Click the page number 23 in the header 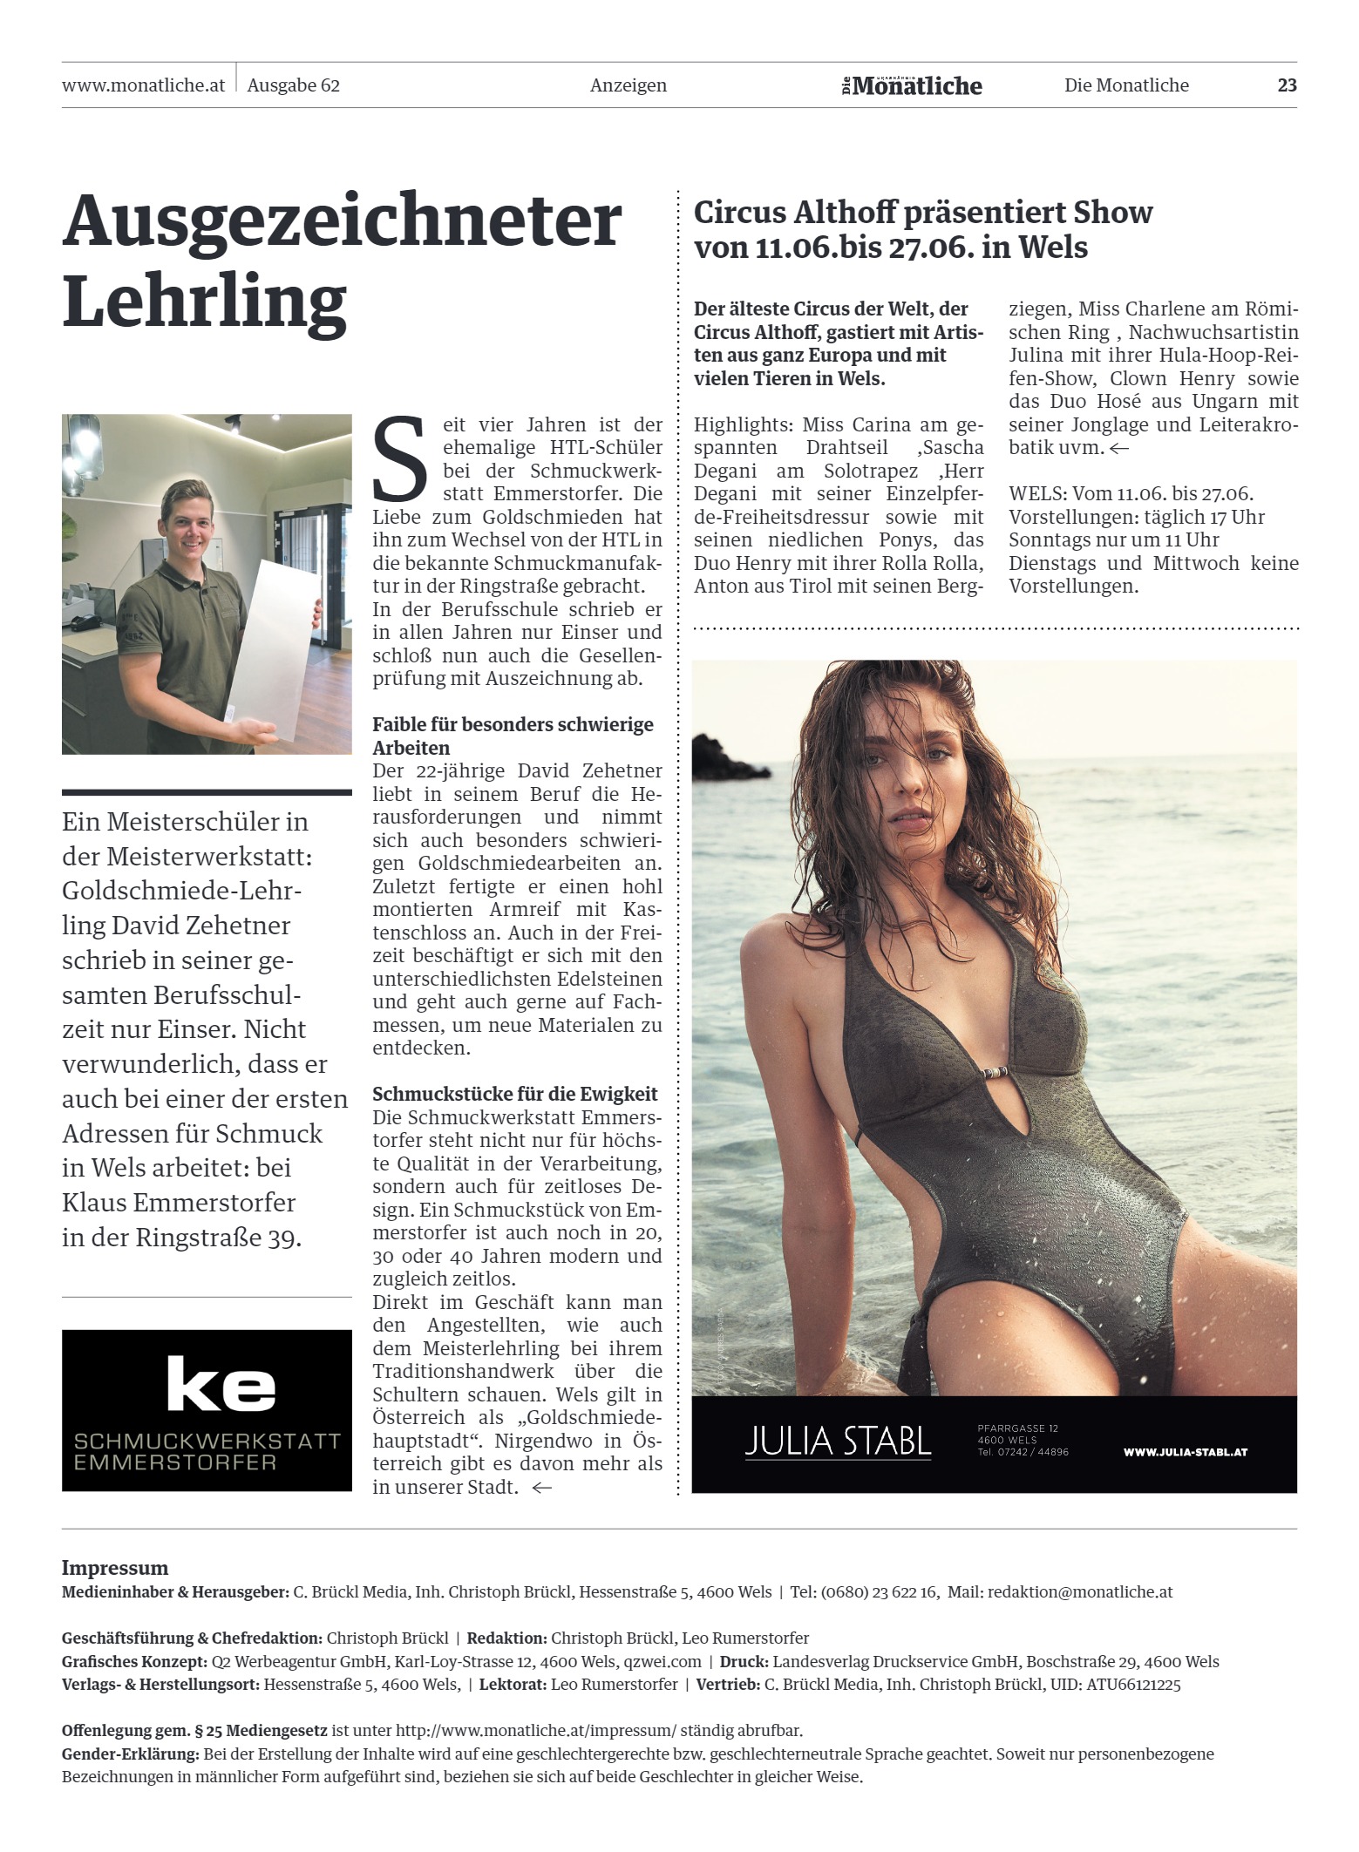click(1287, 85)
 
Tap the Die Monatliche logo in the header click(912, 85)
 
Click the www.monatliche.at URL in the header click(143, 85)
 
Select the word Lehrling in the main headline click(204, 302)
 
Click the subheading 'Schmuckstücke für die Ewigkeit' click(514, 1094)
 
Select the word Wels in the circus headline click(1053, 248)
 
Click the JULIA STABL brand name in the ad click(838, 1442)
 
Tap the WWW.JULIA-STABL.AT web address click(1186, 1452)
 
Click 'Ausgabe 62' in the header click(293, 85)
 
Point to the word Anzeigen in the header click(628, 85)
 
